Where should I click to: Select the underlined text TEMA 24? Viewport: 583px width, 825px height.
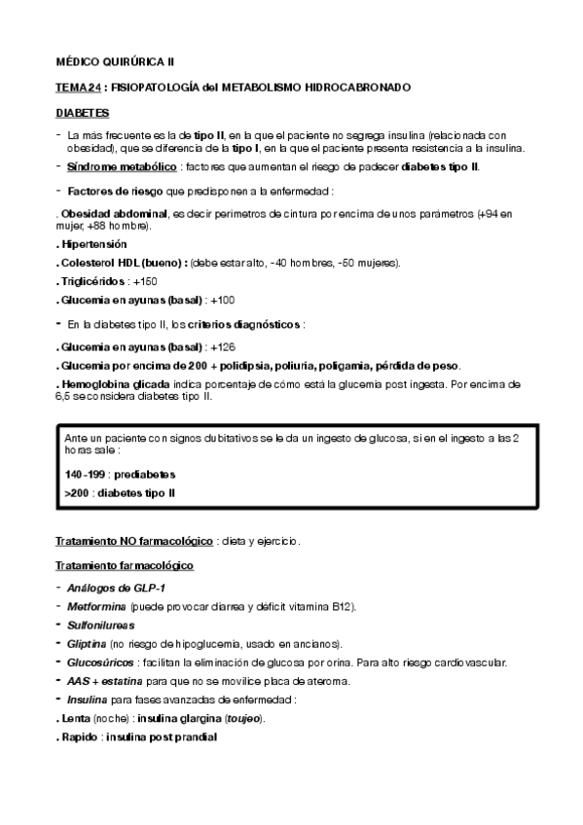coord(78,87)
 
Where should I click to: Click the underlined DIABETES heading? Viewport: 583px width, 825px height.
coord(83,113)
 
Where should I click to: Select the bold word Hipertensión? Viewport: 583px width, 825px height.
coord(93,243)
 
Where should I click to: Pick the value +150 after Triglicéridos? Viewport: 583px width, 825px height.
coord(145,281)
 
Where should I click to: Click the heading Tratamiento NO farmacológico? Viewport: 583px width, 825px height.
coord(133,540)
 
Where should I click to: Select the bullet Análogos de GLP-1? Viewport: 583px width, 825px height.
coord(103,587)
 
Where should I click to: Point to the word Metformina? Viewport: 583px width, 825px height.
coord(96,606)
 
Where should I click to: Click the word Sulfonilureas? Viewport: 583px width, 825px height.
coord(101,625)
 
